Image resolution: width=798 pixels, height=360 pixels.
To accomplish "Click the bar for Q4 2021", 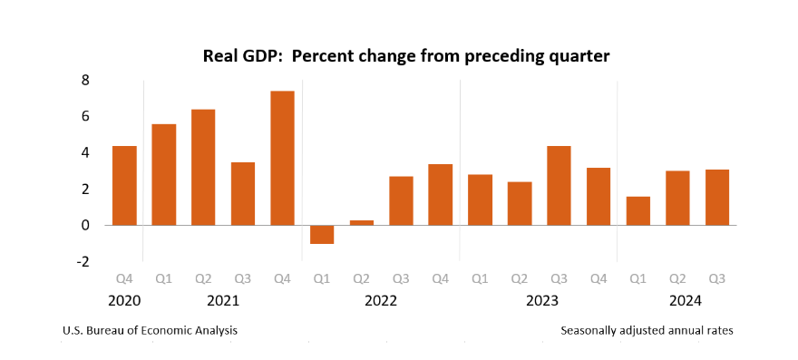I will tap(282, 158).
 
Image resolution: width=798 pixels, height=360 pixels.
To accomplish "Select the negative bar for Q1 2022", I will tap(322, 235).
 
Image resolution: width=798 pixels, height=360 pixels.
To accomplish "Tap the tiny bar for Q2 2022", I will tap(362, 222).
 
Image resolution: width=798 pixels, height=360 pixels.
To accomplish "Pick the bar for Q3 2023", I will tap(559, 185).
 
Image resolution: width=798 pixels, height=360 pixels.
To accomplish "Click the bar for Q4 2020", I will tap(124, 185).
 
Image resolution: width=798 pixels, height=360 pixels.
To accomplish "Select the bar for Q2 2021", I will tap(203, 167).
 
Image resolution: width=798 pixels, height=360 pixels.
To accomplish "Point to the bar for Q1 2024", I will tap(638, 210).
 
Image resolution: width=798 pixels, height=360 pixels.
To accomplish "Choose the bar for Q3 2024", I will tap(717, 197).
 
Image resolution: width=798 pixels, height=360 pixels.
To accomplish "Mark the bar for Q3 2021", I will tap(243, 193).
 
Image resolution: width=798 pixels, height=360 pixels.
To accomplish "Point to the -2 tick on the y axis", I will tap(82, 261).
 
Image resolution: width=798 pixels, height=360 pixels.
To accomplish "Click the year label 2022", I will tap(381, 300).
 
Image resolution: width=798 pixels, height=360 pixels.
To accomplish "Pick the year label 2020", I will tap(124, 300).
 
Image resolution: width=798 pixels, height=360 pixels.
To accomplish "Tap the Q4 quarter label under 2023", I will tap(598, 278).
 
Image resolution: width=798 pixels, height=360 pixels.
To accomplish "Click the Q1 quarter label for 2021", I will tap(164, 278).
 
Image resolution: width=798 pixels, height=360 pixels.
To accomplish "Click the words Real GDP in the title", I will tap(238, 56).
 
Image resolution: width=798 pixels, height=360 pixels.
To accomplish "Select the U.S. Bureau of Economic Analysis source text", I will tap(150, 331).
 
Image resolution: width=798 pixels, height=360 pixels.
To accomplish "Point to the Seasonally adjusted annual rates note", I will tap(647, 331).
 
